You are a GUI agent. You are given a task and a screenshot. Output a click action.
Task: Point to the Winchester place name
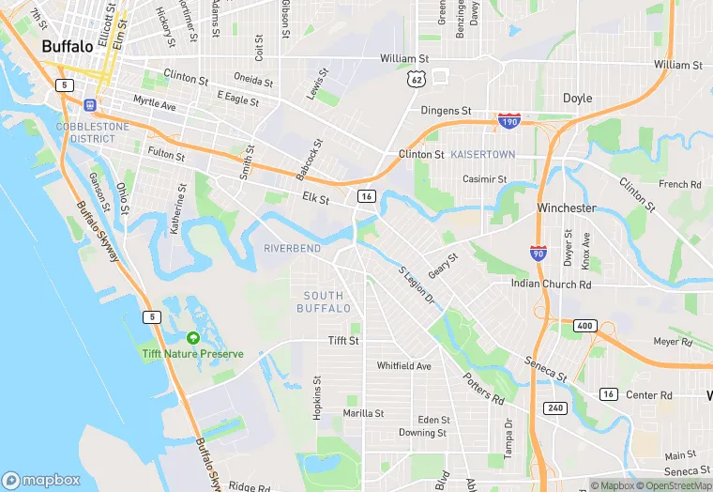click(x=567, y=208)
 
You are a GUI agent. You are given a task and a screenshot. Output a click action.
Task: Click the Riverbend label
click(x=292, y=248)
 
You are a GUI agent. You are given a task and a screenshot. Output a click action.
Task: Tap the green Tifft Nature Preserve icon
click(x=193, y=337)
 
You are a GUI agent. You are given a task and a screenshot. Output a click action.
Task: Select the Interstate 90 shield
click(x=538, y=254)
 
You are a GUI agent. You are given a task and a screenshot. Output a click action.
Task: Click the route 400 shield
click(x=585, y=325)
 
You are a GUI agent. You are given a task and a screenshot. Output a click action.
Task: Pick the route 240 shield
click(x=554, y=408)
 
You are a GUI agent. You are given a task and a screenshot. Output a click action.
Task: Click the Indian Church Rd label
click(x=551, y=284)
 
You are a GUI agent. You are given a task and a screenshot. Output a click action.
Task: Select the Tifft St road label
click(x=343, y=341)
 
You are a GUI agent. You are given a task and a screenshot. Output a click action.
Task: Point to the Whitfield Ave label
click(x=403, y=365)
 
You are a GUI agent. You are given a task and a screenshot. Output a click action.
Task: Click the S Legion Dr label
click(x=417, y=284)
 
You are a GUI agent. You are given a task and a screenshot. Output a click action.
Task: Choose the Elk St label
click(x=315, y=199)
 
